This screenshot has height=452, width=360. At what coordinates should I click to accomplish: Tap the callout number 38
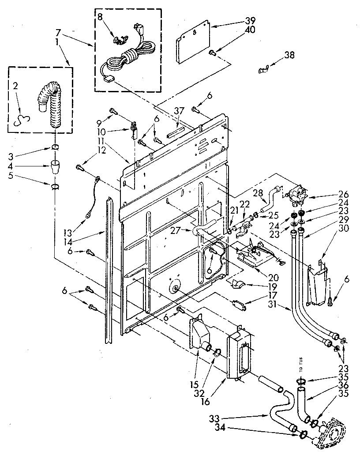(289, 55)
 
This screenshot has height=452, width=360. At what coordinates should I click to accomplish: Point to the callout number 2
(16, 86)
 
